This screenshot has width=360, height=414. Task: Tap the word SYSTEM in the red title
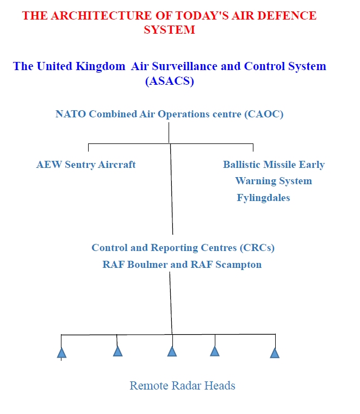click(x=169, y=30)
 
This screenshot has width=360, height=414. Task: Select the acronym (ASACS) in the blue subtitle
click(x=170, y=81)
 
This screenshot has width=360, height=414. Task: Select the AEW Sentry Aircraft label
click(x=86, y=165)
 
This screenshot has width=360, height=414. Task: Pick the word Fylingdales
click(x=263, y=198)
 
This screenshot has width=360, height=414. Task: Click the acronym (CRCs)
click(x=257, y=248)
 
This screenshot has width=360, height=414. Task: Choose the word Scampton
click(x=238, y=265)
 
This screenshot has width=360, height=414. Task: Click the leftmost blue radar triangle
click(x=61, y=353)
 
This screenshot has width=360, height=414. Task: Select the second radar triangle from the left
click(x=117, y=351)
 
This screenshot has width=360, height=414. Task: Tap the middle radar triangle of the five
click(x=172, y=351)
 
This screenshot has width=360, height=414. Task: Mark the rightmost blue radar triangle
click(x=275, y=353)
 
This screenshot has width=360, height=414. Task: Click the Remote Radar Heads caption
click(x=182, y=386)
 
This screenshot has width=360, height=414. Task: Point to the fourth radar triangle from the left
click(x=215, y=351)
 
